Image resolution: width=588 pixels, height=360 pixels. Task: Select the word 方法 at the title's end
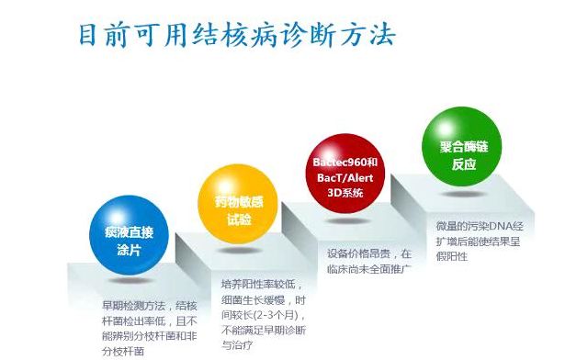tap(371, 36)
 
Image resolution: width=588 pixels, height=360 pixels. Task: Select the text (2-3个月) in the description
tap(263, 315)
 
